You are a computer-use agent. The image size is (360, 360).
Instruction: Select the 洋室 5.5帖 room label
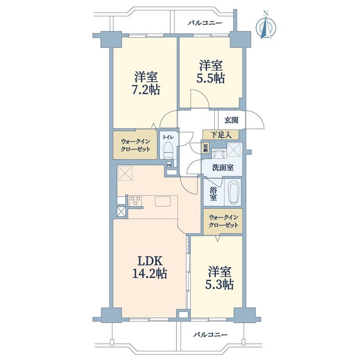(x=211, y=71)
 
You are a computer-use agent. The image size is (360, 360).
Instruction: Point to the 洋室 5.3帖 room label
(x=219, y=278)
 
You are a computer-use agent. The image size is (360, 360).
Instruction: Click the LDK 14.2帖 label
(x=149, y=267)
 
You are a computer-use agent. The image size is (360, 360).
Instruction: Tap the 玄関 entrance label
(x=231, y=120)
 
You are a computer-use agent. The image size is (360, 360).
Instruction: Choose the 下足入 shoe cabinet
(x=221, y=135)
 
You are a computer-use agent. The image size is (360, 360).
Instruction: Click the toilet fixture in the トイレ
(x=169, y=150)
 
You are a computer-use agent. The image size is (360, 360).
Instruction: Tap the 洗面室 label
(x=223, y=167)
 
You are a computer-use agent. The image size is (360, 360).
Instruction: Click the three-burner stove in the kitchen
(x=135, y=201)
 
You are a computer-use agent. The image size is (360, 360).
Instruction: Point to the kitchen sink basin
(x=162, y=202)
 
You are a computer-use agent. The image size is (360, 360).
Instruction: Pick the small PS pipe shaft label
(x=169, y=165)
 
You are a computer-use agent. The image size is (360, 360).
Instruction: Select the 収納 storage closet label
(x=205, y=148)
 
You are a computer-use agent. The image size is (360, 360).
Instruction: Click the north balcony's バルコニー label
(x=205, y=23)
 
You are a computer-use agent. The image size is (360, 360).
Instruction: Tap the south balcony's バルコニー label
(x=210, y=335)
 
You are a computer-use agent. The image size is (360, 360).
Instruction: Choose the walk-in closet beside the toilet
(x=135, y=145)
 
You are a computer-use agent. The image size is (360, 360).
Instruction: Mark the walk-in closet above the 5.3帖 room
(x=223, y=221)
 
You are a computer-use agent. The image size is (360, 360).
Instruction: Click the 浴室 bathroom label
(x=213, y=194)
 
